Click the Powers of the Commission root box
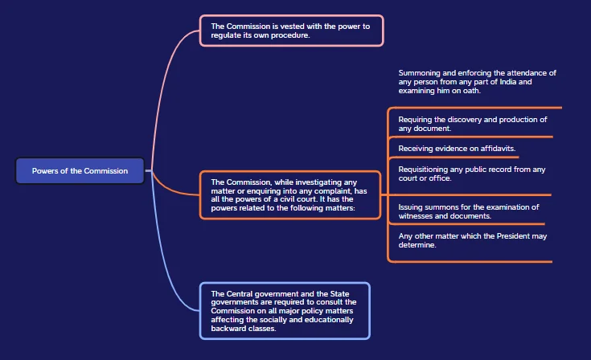click(x=80, y=170)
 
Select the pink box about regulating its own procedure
click(x=291, y=31)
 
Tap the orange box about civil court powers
click(x=289, y=194)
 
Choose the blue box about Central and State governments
click(x=285, y=311)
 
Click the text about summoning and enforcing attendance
click(x=477, y=82)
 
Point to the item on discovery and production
click(x=473, y=124)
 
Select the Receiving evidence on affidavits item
click(x=457, y=149)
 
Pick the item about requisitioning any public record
click(x=472, y=174)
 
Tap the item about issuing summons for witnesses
click(x=469, y=211)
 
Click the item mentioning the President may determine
click(x=473, y=240)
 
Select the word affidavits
click(x=498, y=149)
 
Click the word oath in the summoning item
click(x=471, y=91)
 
